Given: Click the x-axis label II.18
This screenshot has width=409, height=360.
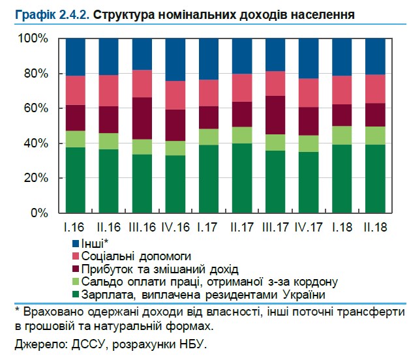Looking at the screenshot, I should pos(374,228).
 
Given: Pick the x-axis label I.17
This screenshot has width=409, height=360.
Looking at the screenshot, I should pos(208,228).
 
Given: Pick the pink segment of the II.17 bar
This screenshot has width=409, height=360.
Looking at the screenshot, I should pos(242,87).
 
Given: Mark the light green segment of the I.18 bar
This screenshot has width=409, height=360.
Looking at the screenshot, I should pos(342,135).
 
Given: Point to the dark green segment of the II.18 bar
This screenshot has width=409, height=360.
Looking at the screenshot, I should pos(375,179).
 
